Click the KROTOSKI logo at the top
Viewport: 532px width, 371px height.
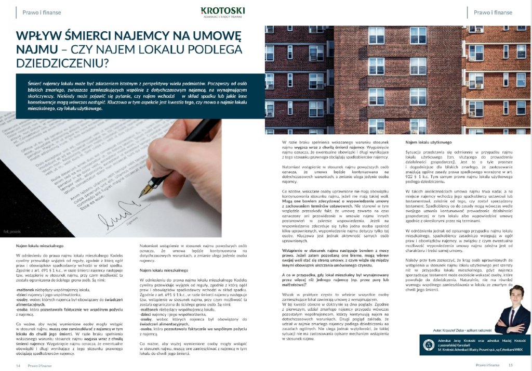click(x=223, y=10)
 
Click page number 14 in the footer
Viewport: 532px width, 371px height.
click(x=19, y=365)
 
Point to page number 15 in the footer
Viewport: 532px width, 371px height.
click(x=511, y=365)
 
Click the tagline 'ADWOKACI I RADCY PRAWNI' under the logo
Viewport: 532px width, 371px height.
click(x=222, y=17)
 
